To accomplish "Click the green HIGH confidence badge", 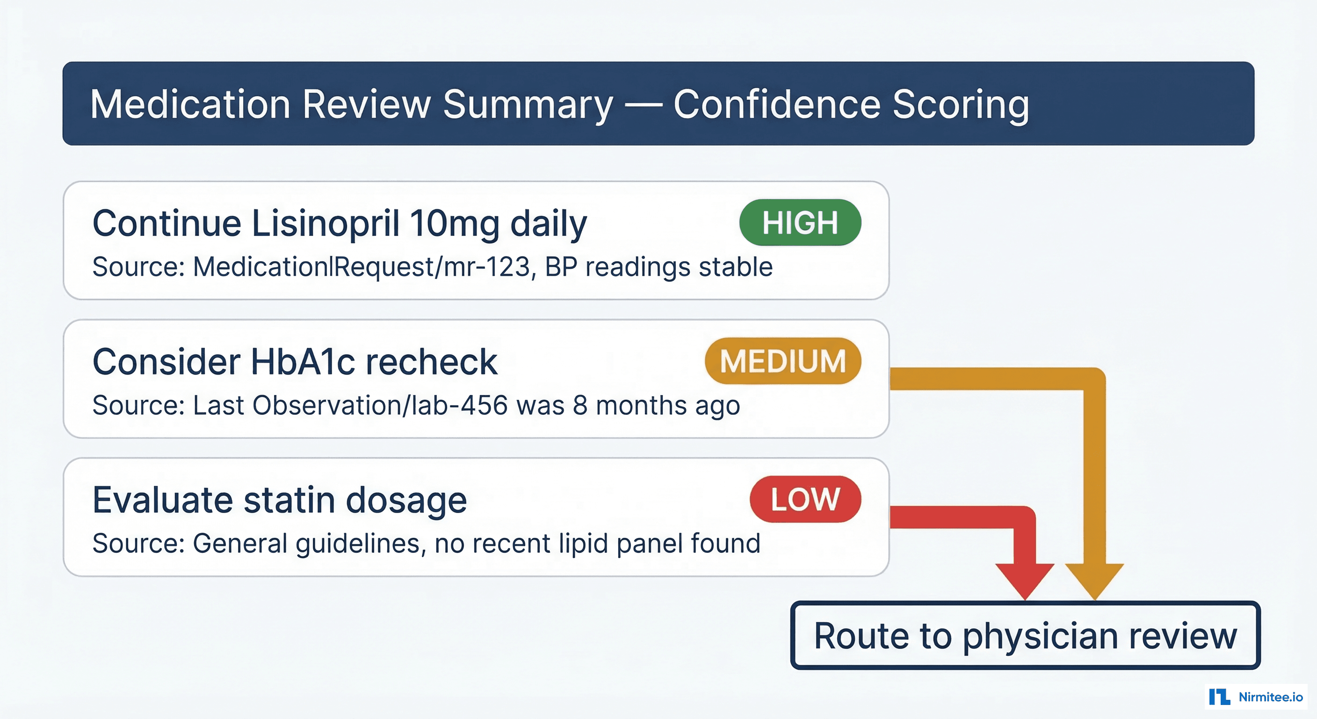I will (x=800, y=223).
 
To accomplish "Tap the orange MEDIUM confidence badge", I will (x=783, y=361).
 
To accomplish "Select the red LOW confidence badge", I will (x=805, y=499).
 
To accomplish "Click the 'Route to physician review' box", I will (x=1025, y=636).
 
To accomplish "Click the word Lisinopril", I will (x=325, y=224).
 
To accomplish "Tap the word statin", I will (x=289, y=500).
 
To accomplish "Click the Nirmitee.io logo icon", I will (x=1219, y=697).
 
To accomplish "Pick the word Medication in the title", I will (x=191, y=104).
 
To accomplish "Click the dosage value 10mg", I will (x=455, y=224).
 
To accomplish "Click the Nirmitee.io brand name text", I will (x=1271, y=697).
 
